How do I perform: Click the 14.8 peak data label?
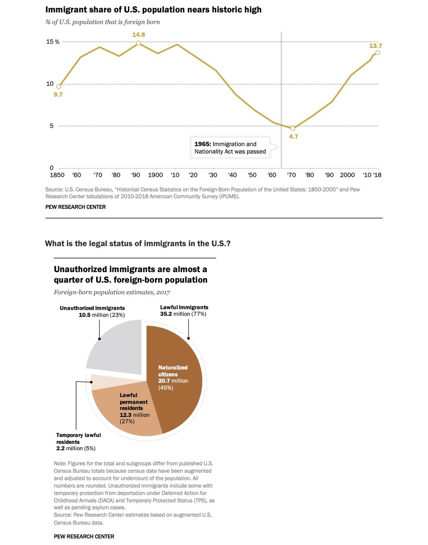(x=138, y=34)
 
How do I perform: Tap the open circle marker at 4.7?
(x=292, y=129)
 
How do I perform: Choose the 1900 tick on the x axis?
(x=156, y=175)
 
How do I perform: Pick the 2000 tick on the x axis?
(x=348, y=175)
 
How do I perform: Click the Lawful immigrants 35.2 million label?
(x=184, y=311)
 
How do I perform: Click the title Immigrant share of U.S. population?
(x=153, y=9)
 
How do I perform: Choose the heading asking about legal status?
(x=138, y=243)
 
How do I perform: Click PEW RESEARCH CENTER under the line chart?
(x=75, y=207)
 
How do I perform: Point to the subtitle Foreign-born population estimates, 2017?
(x=112, y=292)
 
